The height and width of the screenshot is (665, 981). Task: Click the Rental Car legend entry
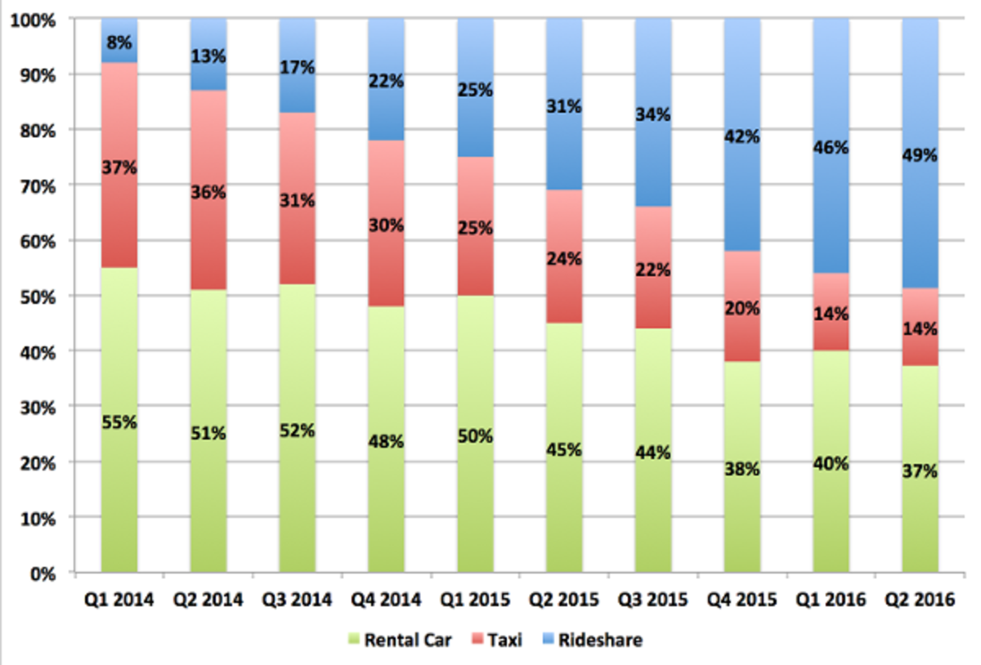click(398, 640)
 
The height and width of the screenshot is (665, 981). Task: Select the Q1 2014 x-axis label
click(119, 600)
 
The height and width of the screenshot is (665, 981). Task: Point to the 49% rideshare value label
click(921, 155)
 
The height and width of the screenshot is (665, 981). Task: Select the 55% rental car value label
click(119, 422)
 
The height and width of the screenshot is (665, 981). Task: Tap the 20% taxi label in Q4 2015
click(742, 308)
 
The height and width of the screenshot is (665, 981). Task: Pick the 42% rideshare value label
click(742, 136)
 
